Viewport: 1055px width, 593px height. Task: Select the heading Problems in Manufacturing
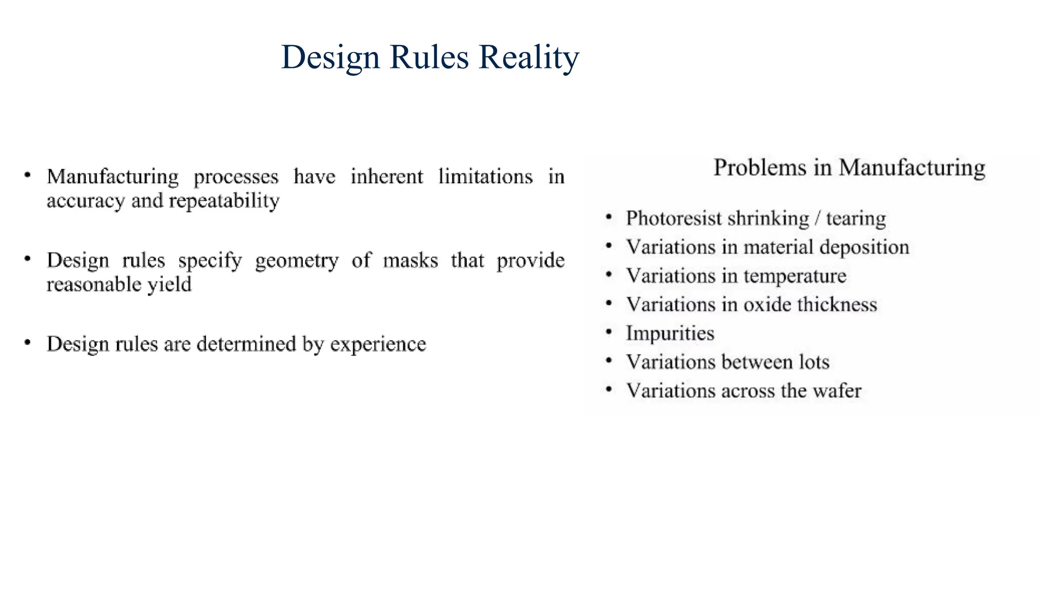[849, 168]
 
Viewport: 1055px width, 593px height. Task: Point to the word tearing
[856, 219]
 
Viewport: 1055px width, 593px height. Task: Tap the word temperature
[795, 276]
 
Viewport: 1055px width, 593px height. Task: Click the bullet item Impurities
[670, 334]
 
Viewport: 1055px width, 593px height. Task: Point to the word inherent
[387, 177]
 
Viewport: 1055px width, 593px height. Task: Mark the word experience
[378, 344]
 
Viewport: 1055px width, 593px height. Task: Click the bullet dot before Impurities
[609, 333]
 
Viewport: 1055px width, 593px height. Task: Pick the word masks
[410, 260]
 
